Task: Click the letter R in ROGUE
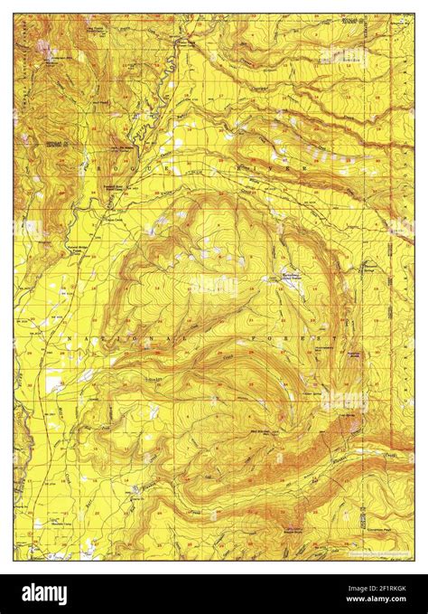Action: (88, 167)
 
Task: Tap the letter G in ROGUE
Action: (135, 167)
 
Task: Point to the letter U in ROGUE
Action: (159, 167)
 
